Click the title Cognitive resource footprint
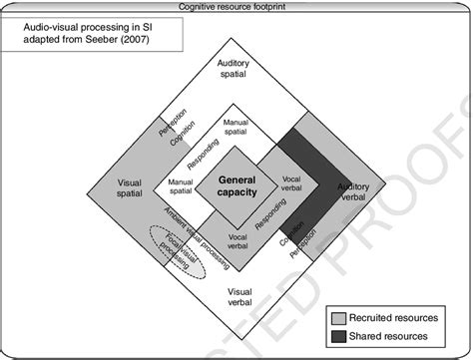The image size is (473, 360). click(236, 6)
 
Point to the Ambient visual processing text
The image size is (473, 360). click(194, 231)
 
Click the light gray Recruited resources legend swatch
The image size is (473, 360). click(341, 318)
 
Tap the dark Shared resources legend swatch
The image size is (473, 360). click(341, 336)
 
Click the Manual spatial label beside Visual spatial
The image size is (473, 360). click(180, 187)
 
